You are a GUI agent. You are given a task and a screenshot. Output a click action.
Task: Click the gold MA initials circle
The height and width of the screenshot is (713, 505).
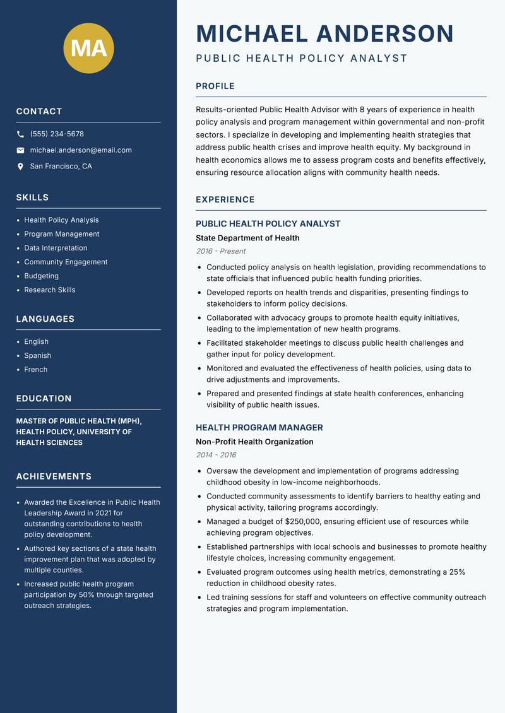tap(89, 48)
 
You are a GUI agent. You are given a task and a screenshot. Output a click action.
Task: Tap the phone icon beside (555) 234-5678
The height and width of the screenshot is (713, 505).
tap(20, 134)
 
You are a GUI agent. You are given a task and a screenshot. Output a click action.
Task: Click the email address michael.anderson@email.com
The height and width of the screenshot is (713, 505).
tap(81, 150)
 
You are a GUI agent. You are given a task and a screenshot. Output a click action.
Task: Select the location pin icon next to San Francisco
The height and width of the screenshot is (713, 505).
tap(20, 167)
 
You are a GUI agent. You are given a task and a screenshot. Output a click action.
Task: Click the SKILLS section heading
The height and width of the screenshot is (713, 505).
tap(32, 197)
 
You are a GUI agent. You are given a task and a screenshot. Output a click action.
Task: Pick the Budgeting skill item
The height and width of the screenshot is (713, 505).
tap(41, 276)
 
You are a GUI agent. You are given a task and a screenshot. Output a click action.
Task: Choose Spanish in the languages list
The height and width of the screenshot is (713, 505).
tap(37, 355)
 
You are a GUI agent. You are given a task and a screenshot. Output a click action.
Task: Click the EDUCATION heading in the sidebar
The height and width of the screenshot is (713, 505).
tap(44, 399)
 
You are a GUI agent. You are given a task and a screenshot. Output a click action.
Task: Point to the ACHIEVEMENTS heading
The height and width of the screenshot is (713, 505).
tap(54, 476)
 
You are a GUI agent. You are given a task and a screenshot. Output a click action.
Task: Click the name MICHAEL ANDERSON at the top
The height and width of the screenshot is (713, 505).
tap(324, 33)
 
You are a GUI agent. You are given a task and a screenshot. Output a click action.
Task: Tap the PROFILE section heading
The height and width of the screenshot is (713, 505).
tap(215, 86)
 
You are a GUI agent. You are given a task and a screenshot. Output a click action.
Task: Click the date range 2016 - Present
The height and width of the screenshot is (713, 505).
tap(220, 251)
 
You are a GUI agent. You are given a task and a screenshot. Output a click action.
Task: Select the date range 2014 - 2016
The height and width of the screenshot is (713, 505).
tap(216, 455)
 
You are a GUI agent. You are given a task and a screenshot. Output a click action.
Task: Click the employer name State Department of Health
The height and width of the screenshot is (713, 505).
tap(247, 238)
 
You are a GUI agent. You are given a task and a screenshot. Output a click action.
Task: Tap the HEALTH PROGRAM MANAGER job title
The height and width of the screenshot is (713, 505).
tap(259, 427)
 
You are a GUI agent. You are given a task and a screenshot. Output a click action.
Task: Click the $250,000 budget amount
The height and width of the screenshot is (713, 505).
tap(303, 522)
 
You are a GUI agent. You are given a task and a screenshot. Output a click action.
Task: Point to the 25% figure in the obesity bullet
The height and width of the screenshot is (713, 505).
tap(457, 572)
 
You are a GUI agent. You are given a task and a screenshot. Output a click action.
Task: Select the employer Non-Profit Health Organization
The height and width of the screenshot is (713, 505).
tap(254, 442)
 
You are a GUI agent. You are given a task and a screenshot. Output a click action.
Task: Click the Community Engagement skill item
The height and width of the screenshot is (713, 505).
tap(66, 262)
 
